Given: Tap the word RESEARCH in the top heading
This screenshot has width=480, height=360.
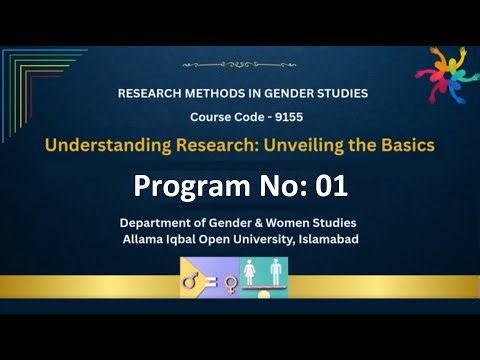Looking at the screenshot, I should [x=153, y=93].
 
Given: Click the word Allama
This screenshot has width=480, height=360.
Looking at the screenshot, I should [x=144, y=240].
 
